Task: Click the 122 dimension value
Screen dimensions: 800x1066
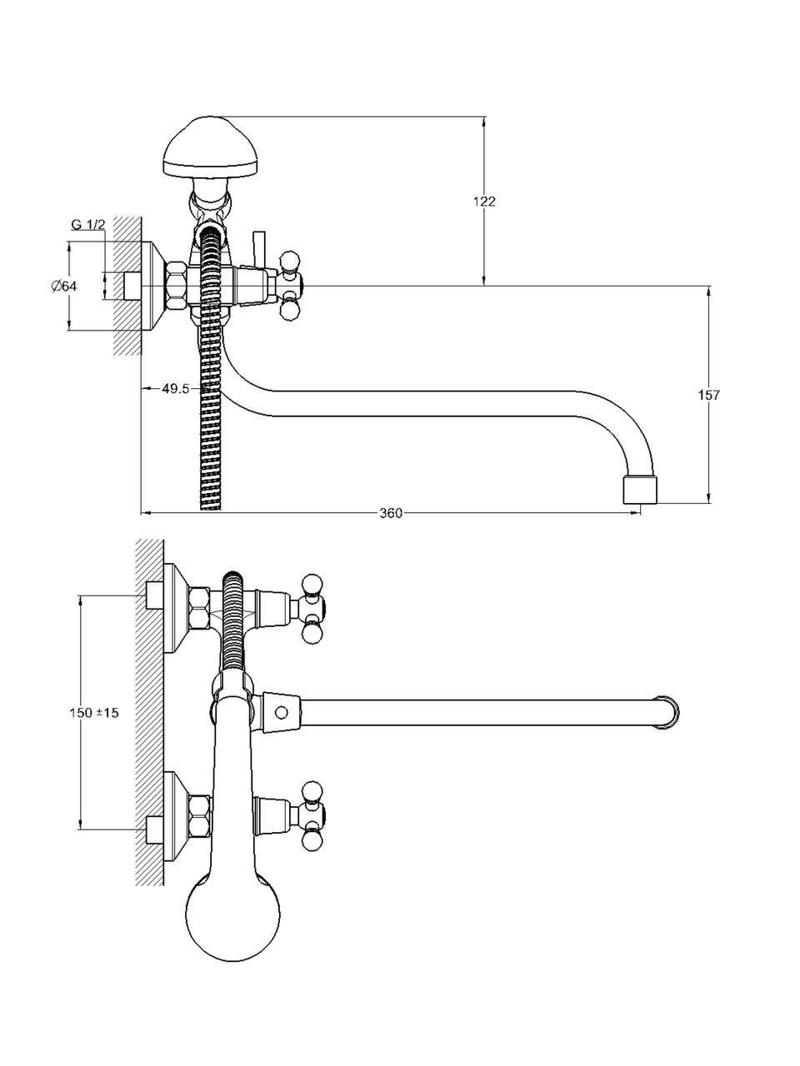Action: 484,201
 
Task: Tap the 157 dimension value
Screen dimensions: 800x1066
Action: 708,395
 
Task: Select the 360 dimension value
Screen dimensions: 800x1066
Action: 391,513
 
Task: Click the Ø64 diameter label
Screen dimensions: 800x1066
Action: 63,286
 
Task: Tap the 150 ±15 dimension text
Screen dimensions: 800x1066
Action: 93,713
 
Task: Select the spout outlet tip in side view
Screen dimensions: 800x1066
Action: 640,490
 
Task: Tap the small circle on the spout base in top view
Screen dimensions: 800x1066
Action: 281,712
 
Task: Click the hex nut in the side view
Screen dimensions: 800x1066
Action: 177,286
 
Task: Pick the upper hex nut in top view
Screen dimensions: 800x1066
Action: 200,609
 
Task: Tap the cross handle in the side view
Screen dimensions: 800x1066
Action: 289,286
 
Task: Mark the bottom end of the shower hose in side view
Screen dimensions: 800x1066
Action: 212,508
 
